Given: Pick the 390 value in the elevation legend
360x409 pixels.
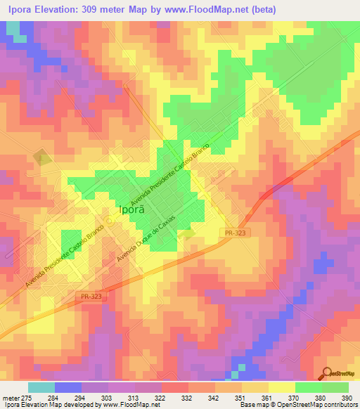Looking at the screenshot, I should coord(347,398).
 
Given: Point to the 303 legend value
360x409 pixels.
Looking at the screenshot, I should coord(106,398).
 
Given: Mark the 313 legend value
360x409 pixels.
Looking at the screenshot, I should coord(133,398).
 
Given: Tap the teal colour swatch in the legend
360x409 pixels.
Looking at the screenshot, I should coord(41,387).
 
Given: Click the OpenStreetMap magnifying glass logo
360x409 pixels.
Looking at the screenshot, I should coord(326,373).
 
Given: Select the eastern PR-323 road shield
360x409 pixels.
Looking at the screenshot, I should coord(236,231).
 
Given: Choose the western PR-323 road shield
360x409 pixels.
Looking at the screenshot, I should coord(89,297).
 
